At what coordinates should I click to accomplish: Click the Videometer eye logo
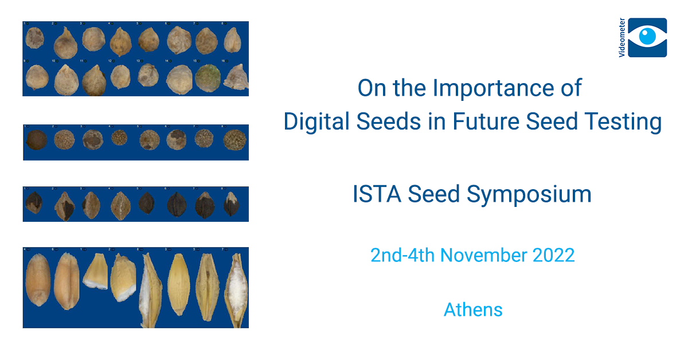(x=647, y=37)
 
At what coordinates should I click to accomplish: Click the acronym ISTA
(x=376, y=194)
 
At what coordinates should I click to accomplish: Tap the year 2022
(x=554, y=255)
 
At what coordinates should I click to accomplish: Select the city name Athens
(x=473, y=310)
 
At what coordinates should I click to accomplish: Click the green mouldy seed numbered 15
(x=208, y=77)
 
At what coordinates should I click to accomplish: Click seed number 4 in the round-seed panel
(x=119, y=138)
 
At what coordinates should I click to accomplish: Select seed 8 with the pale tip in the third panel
(x=231, y=204)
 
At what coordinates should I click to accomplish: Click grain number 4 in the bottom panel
(x=37, y=281)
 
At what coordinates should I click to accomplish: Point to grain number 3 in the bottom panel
(x=178, y=284)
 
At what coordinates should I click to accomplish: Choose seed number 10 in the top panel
(x=66, y=80)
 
